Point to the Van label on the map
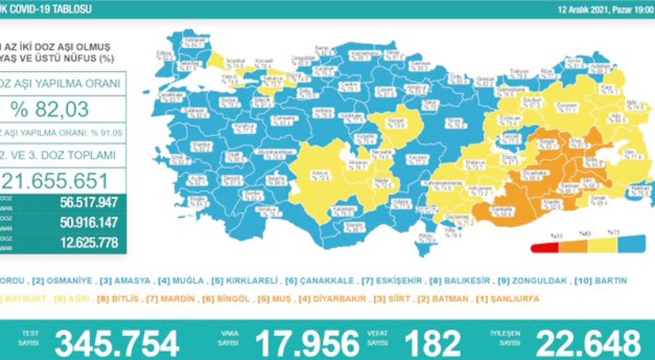click(607, 152)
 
